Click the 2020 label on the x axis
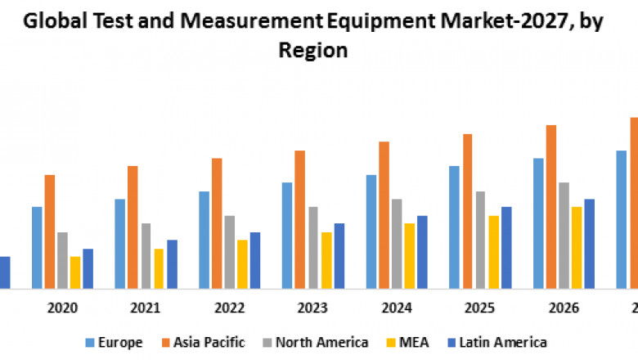click(63, 308)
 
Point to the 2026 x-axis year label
click(564, 308)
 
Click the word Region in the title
click(313, 50)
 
